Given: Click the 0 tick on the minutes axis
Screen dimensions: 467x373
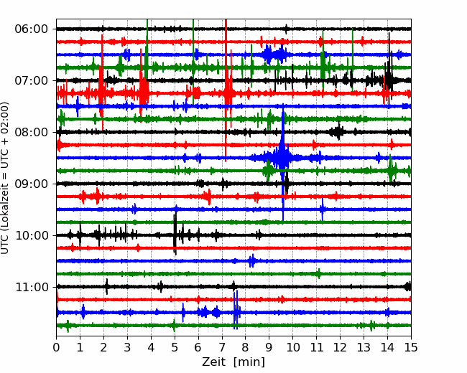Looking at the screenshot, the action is [x=56, y=347].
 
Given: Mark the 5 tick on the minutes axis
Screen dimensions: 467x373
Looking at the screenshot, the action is [x=175, y=347].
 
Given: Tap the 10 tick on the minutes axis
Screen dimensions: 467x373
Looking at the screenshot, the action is [x=292, y=347].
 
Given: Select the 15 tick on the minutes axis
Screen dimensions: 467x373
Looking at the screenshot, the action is [x=411, y=347].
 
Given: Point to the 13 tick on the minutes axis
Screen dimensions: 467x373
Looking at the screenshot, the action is [x=364, y=347].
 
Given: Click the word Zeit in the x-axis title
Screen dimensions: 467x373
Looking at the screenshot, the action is [x=214, y=362].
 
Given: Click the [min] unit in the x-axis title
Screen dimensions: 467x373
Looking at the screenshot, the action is [x=249, y=362].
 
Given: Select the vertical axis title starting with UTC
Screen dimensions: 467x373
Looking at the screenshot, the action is [x=5, y=178].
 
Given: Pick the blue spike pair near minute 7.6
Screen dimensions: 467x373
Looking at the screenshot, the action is [x=236, y=310].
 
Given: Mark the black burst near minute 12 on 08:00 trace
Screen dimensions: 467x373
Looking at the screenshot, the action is [x=338, y=131].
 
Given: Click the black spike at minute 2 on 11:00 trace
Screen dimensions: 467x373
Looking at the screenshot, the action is [x=106, y=286].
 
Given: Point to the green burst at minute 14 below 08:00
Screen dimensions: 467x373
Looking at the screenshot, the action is [x=391, y=169].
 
